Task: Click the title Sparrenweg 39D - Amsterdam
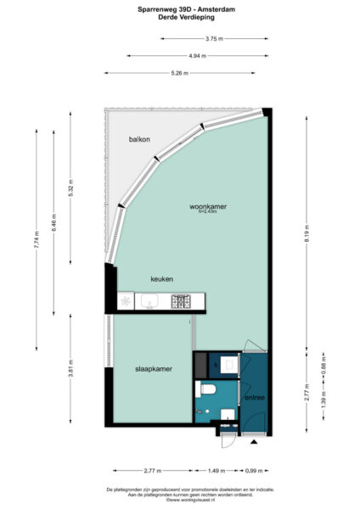click(179, 9)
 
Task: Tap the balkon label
click(140, 138)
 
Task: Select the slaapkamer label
click(153, 369)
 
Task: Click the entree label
click(254, 397)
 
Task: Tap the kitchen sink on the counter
click(153, 301)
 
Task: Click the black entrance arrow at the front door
click(254, 442)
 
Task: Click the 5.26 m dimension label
click(179, 73)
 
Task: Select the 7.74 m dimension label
click(36, 238)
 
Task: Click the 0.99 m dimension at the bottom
click(254, 469)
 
